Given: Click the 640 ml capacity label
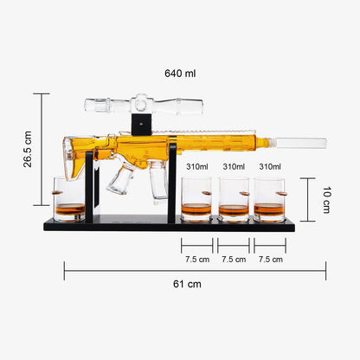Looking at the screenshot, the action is tap(180, 74).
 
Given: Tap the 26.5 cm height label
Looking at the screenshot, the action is tap(28, 149).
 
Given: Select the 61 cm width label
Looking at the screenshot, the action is tap(187, 284).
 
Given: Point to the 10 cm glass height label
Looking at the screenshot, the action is tap(326, 200).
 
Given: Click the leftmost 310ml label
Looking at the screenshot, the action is tap(197, 166).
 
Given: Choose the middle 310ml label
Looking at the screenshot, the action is tap(234, 166).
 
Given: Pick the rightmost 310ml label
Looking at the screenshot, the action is tap(270, 166).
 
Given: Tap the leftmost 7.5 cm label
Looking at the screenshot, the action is tap(197, 260).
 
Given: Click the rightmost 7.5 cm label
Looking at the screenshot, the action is tap(271, 260).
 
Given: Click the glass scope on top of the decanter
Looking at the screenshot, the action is tap(144, 104).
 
